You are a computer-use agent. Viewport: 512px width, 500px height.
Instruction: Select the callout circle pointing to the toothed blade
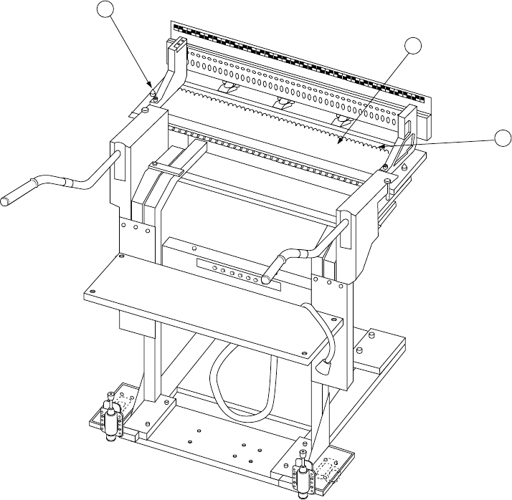click(413, 46)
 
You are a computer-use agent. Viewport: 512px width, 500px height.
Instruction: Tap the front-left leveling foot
click(111, 420)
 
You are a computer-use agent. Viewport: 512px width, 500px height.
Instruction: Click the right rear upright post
click(409, 118)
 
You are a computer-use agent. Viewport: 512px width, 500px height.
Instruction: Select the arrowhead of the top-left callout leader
click(151, 87)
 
